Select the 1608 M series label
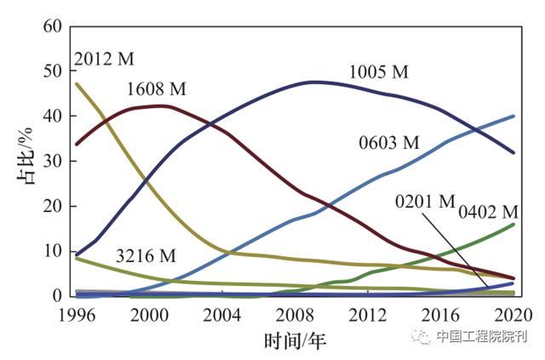[157, 89]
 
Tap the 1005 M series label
[379, 72]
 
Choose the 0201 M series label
[425, 202]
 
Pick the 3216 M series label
[146, 254]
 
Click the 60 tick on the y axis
[53, 26]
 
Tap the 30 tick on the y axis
[53, 161]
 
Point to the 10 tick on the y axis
[53, 251]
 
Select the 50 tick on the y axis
[53, 71]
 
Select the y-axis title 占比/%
[23, 161]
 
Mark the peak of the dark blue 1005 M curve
[315, 82]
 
